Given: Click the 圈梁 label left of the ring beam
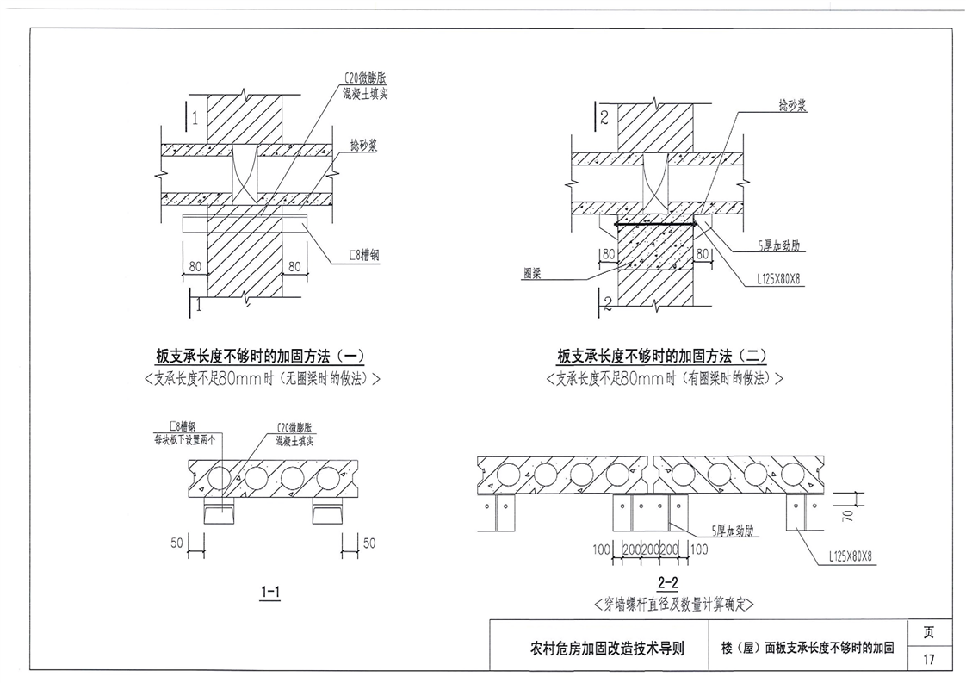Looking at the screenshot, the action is coord(532,273).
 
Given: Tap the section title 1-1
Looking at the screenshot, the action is coord(270,593).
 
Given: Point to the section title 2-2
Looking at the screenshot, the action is coord(668,582).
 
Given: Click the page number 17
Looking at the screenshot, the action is coord(928,659).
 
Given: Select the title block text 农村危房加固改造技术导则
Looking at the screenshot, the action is coord(608,648).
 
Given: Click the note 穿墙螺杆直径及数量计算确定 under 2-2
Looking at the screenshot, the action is coord(674,604).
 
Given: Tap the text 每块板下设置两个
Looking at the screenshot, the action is coord(184,440).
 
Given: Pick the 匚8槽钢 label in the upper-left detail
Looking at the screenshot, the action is coord(364,255).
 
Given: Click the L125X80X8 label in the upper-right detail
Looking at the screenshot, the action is coord(778,279).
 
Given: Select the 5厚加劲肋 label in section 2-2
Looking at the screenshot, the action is coord(734,531).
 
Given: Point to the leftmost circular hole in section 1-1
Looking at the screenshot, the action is coord(220,478).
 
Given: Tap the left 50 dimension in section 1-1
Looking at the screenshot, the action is coord(176,543).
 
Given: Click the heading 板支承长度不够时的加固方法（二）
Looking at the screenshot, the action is coord(662,356).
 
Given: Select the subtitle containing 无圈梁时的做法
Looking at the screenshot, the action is coord(263,378).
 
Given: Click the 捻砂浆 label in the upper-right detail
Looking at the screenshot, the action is coord(792,105).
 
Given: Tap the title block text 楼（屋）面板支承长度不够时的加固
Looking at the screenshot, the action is coord(808,648).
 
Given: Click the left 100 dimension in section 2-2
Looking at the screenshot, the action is coord(601,550).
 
